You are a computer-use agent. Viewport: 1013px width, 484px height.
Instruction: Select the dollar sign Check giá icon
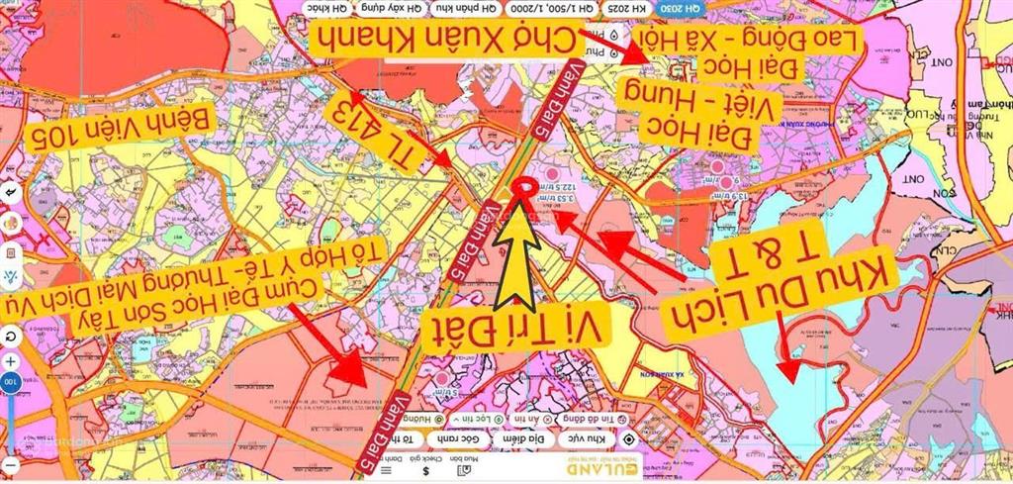click(425, 471)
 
